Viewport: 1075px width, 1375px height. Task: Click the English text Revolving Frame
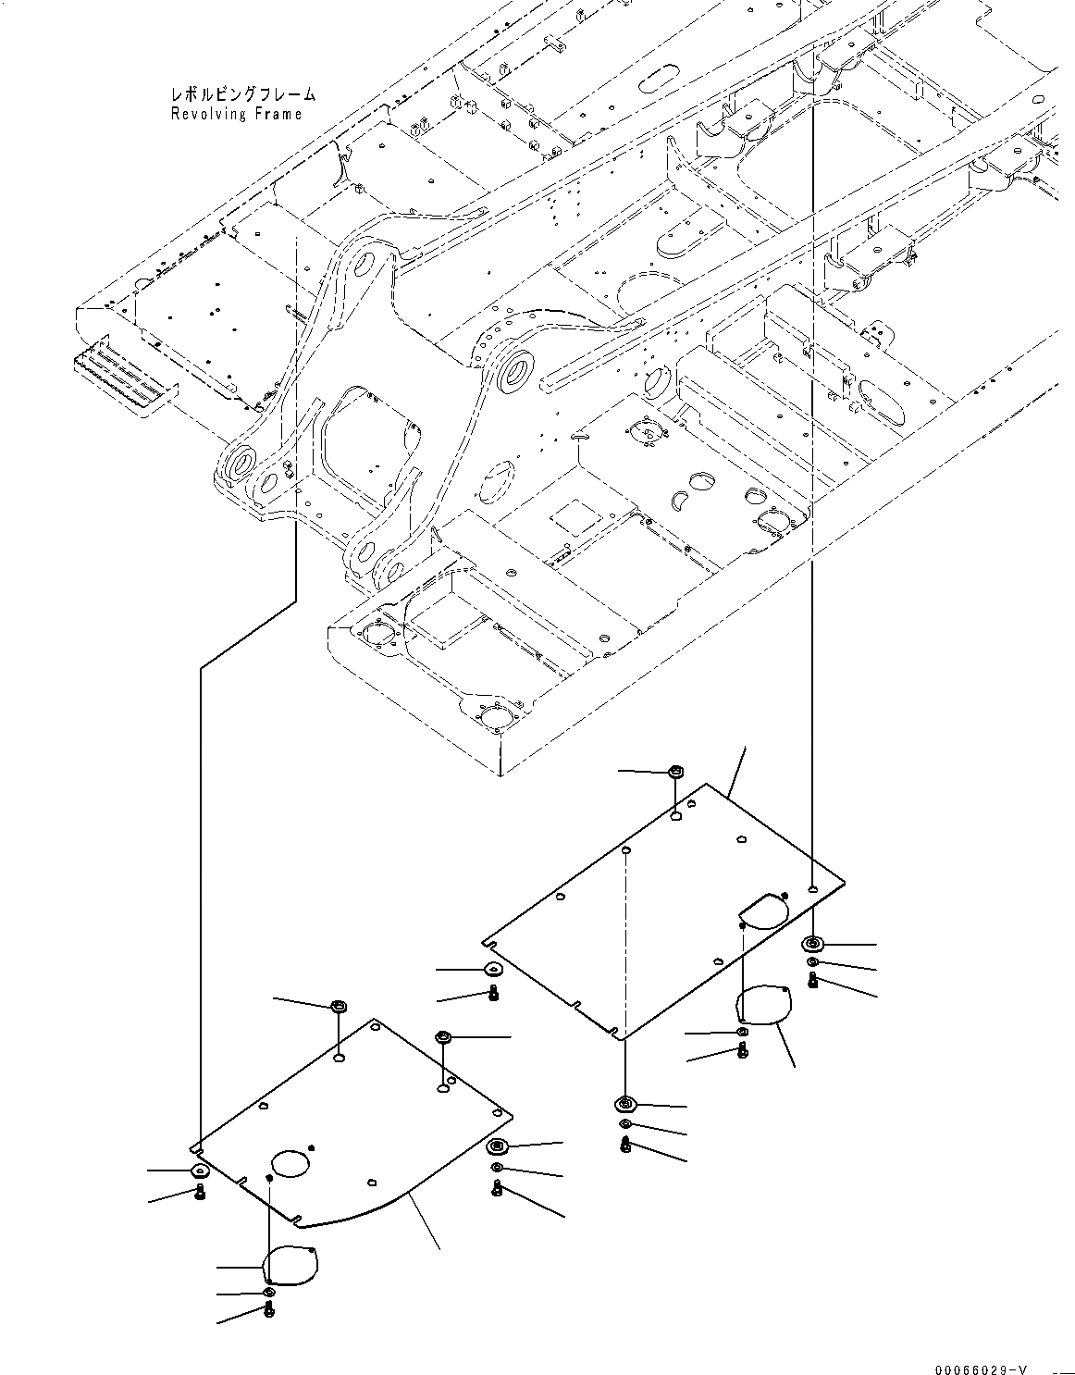236,114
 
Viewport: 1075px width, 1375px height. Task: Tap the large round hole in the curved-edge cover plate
293,1163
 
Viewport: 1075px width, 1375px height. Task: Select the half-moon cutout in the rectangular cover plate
764,910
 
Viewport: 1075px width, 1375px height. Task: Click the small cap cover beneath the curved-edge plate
290,1266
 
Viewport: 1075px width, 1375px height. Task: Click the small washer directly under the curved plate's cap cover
268,1292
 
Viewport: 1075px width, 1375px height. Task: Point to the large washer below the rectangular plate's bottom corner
625,1103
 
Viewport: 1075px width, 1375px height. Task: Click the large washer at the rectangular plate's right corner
813,944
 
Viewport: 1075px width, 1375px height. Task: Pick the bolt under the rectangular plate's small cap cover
743,1049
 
